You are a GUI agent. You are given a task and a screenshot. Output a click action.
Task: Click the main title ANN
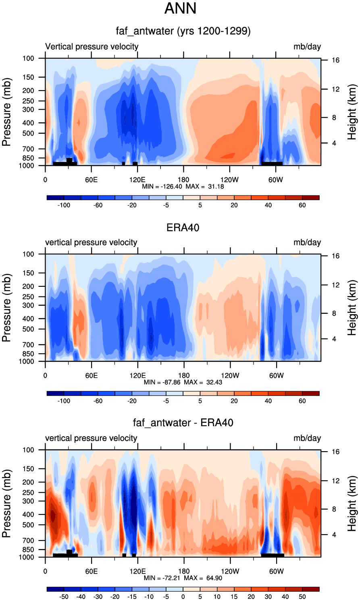click(x=180, y=8)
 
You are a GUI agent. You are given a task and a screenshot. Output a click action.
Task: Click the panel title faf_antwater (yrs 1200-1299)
click(x=183, y=31)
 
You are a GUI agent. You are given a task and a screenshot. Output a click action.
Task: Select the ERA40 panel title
click(x=183, y=228)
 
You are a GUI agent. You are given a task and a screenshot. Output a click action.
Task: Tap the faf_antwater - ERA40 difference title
click(x=183, y=423)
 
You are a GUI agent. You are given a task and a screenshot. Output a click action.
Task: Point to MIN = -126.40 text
click(x=162, y=187)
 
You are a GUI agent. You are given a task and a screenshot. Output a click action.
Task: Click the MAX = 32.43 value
click(x=203, y=382)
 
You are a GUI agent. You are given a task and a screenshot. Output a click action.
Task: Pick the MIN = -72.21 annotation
click(x=163, y=578)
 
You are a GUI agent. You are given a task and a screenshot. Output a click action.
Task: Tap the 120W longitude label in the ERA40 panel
click(x=230, y=375)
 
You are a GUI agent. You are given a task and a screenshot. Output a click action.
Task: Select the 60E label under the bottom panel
click(x=91, y=571)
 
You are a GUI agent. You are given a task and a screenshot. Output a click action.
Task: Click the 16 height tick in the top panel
click(x=335, y=60)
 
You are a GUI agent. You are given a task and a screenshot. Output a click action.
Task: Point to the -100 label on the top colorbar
click(x=64, y=205)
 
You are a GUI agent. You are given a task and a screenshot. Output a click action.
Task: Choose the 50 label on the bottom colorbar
click(x=302, y=597)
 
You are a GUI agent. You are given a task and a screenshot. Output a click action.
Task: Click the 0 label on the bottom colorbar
click(x=183, y=597)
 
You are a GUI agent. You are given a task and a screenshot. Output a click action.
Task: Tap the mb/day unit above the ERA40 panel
click(x=307, y=242)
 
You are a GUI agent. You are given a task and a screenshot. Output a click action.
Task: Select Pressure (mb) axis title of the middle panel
click(x=6, y=307)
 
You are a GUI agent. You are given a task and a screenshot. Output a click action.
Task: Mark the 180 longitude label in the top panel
click(x=183, y=180)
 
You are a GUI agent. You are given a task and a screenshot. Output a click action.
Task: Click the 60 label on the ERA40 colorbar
click(x=302, y=401)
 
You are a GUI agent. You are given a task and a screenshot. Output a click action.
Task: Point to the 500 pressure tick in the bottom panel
click(x=28, y=525)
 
